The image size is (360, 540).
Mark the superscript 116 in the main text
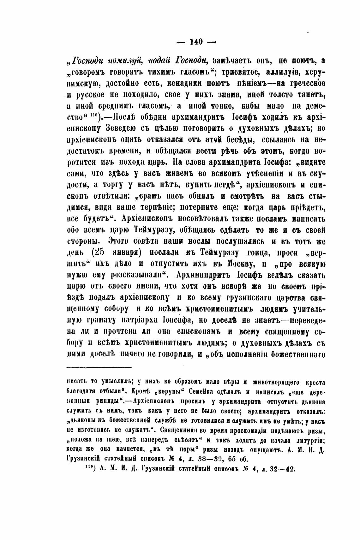[94, 115]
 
